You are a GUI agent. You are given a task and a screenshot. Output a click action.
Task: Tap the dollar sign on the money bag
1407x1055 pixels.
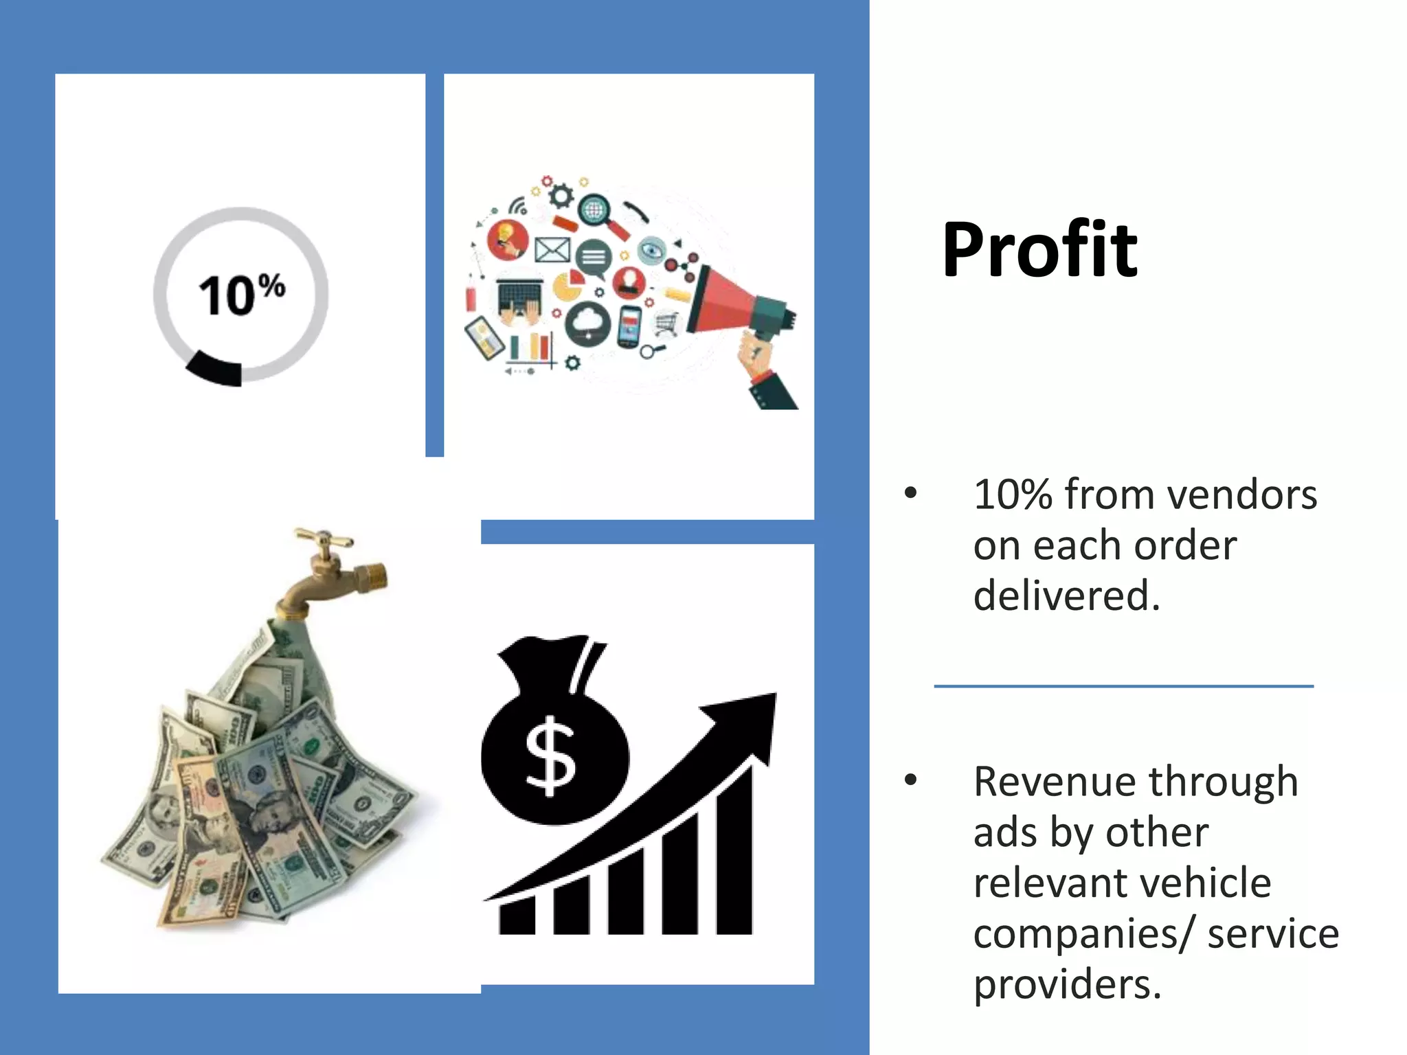pos(550,756)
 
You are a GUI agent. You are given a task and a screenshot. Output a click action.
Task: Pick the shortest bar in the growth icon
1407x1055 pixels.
pos(517,917)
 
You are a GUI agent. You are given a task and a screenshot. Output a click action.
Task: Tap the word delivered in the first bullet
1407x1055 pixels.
pos(1066,595)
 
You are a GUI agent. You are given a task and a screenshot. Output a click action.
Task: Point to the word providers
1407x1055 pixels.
pos(1066,984)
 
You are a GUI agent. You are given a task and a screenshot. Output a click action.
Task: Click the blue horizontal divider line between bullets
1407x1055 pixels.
pos(1123,685)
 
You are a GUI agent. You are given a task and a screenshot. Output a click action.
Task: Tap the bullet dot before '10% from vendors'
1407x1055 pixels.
pos(911,492)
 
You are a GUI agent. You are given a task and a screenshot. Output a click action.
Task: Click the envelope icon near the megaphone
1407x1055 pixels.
pos(552,250)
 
